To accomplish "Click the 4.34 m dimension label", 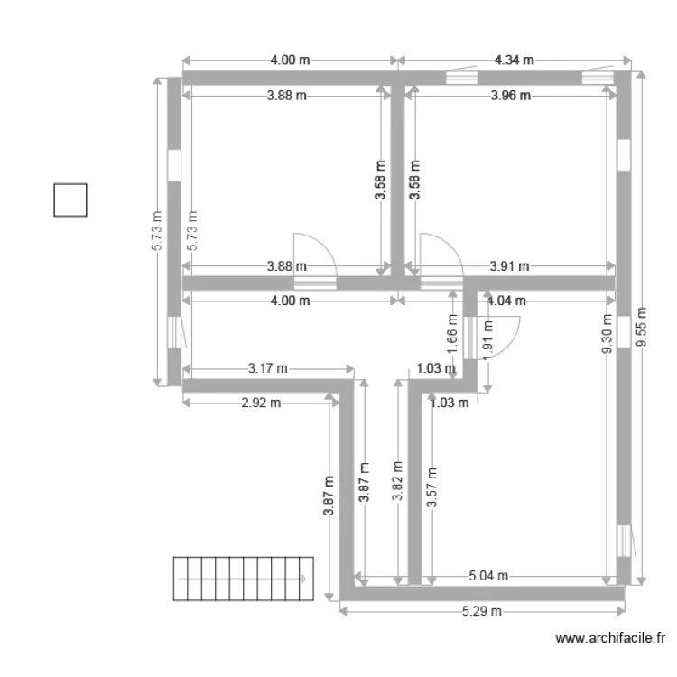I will click(x=514, y=60).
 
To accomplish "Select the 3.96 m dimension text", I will click(x=510, y=96).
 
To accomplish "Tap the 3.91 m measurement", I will click(x=509, y=266).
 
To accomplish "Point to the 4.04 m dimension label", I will click(x=505, y=301).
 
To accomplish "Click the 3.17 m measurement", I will click(x=267, y=368).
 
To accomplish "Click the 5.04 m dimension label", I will click(x=488, y=576).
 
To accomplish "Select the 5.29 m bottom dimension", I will click(x=481, y=611).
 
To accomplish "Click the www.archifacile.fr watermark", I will click(x=610, y=638).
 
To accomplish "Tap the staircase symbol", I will click(x=242, y=578).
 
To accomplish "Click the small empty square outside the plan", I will click(x=70, y=200).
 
